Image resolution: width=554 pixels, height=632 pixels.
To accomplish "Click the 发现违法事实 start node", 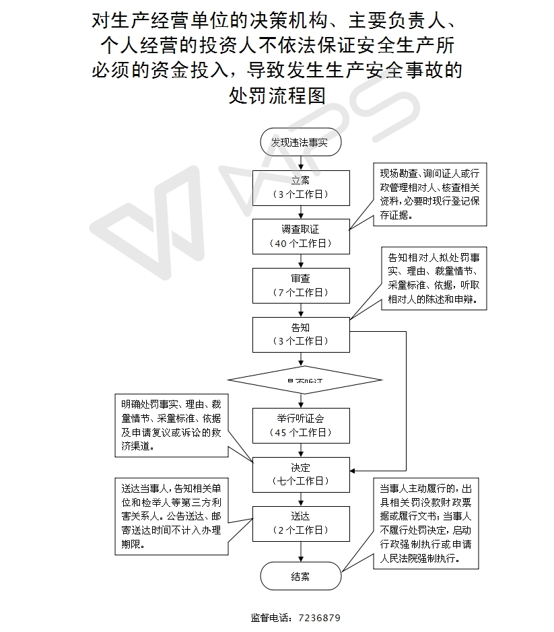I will [300, 143].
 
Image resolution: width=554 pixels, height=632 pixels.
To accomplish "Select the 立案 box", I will [301, 186].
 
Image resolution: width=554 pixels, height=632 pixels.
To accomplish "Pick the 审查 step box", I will [301, 285].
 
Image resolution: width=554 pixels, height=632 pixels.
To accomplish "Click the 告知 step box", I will [301, 334].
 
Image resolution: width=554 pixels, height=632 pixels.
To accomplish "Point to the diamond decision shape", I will [305, 380].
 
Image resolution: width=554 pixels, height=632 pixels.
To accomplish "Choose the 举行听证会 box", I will [301, 425].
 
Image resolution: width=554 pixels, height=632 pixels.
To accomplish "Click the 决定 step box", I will [301, 474].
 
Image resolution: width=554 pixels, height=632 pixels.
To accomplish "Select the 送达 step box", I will [301, 523].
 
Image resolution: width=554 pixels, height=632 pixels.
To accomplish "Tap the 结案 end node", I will [300, 576].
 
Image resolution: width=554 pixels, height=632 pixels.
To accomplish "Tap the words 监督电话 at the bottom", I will [269, 618].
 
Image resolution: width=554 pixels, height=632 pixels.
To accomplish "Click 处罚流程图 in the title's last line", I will [277, 96].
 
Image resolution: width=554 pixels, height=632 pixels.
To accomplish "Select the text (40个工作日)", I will [301, 244].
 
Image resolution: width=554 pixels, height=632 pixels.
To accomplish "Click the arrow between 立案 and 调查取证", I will [301, 211].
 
